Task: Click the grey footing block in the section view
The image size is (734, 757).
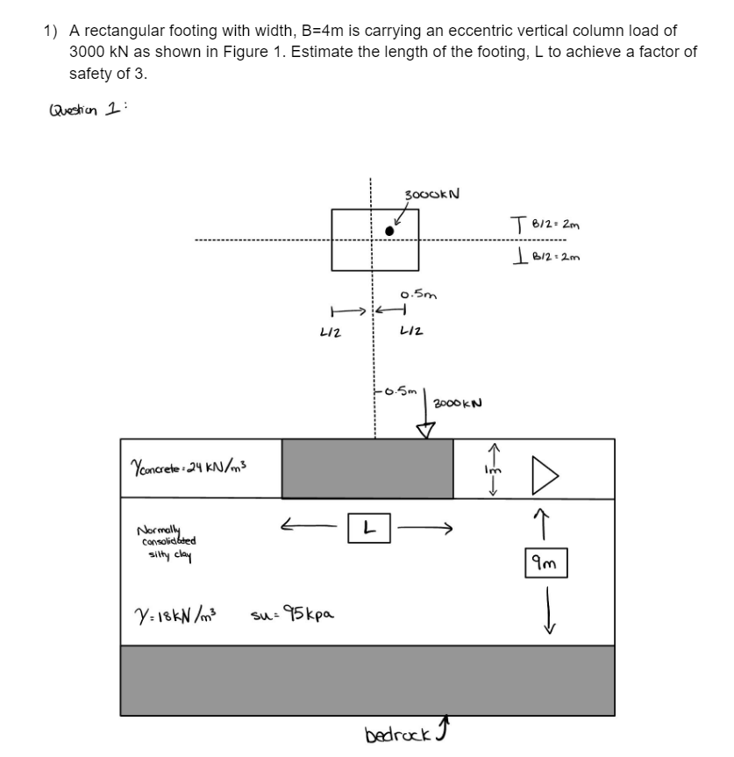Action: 367,468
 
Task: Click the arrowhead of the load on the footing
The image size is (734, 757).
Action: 427,430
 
